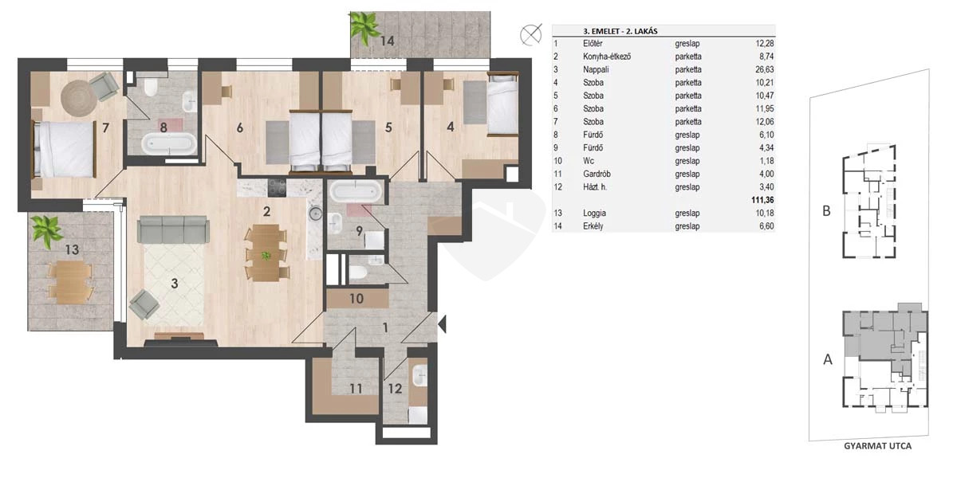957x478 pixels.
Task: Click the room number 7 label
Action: tap(105, 127)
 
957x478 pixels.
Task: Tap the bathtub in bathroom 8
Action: tap(169, 143)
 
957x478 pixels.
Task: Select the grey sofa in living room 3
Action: tap(173, 229)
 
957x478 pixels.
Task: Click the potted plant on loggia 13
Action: tap(47, 230)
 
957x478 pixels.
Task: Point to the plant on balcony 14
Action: tap(364, 28)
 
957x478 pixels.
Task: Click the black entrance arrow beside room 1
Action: tap(442, 324)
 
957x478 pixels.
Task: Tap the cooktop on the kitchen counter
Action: tap(277, 187)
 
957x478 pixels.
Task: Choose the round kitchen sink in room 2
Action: tap(316, 213)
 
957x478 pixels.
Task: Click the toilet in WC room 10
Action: tap(357, 272)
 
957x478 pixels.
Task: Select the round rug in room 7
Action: tap(79, 98)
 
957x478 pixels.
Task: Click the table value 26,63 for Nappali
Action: tap(764, 69)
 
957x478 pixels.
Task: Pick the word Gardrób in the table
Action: tap(597, 174)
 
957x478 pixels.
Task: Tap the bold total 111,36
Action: tap(762, 200)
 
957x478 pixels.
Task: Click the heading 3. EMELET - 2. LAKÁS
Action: tap(620, 31)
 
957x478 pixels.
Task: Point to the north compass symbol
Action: tap(531, 34)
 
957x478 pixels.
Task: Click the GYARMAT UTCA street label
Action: tap(877, 446)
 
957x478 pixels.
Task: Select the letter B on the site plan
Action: tap(827, 211)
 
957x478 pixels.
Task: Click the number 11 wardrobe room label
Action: tap(356, 389)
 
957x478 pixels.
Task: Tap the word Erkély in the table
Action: tap(593, 226)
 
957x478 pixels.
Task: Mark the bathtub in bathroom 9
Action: tap(355, 190)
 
